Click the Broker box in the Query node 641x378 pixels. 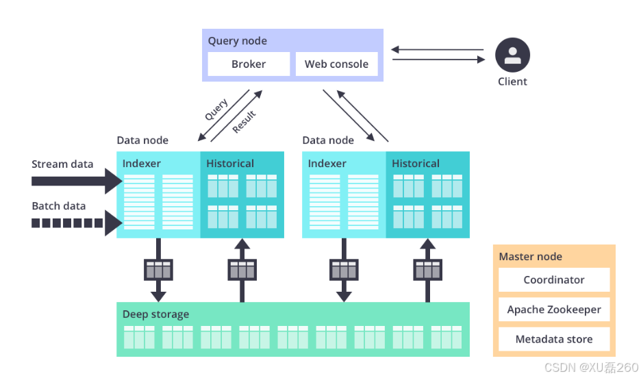[x=249, y=64]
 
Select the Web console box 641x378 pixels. [x=336, y=64]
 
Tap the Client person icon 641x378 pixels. [x=512, y=55]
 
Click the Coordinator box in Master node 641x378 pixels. [x=554, y=280]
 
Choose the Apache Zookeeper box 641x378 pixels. [x=554, y=310]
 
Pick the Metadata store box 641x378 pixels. [x=554, y=339]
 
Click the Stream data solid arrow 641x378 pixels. [x=75, y=181]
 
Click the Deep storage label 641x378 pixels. [x=155, y=314]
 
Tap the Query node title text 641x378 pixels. [x=237, y=41]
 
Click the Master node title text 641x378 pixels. [x=530, y=257]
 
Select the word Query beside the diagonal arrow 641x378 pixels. [x=216, y=110]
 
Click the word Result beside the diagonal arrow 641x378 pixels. [x=244, y=122]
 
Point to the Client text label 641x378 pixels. [x=512, y=81]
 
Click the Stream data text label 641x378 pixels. [x=62, y=164]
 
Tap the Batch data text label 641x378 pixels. [x=59, y=205]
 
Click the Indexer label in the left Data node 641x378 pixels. [x=142, y=164]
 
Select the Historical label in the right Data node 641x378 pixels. [x=416, y=164]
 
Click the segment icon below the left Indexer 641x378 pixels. [x=158, y=269]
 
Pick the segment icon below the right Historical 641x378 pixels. [x=427, y=269]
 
